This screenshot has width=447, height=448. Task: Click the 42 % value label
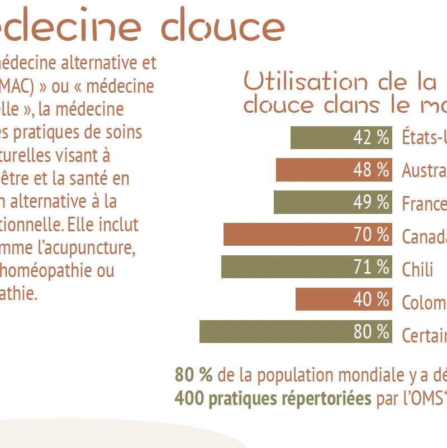point(371,137)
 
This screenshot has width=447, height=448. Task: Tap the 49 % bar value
point(371,203)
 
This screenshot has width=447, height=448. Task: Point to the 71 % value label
point(371,268)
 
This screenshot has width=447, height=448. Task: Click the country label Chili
point(417,270)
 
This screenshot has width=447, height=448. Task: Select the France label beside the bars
point(424,204)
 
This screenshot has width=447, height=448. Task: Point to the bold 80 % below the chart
point(193,375)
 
